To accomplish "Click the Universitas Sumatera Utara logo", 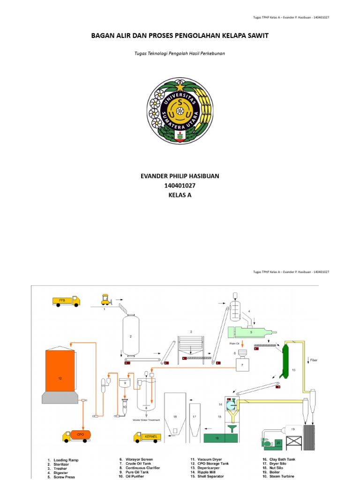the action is (x=180, y=111).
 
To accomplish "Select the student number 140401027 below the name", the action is (x=180, y=186).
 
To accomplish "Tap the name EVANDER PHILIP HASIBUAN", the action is (x=180, y=176).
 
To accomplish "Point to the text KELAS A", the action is (x=180, y=195).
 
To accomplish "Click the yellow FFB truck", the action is (x=66, y=301).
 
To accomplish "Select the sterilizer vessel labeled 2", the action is (x=131, y=336).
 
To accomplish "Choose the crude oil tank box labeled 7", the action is (x=242, y=364).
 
